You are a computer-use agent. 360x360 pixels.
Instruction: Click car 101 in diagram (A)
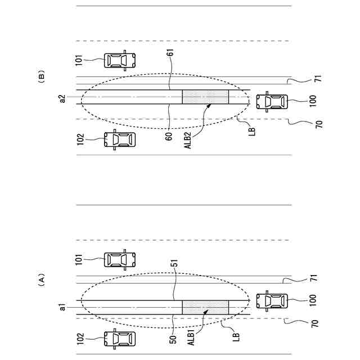point(120,259)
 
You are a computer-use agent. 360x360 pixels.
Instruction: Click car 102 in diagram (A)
point(120,339)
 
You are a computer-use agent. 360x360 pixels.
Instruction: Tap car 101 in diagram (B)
point(120,60)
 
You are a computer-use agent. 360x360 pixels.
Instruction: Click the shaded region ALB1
point(205,307)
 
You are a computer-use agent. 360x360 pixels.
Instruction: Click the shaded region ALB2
point(205,97)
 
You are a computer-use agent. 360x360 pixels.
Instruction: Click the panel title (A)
point(41,280)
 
